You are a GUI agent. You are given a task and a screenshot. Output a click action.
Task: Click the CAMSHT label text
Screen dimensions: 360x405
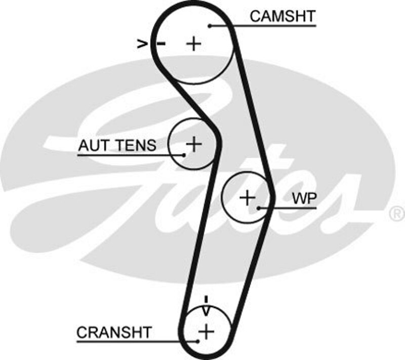click(282, 16)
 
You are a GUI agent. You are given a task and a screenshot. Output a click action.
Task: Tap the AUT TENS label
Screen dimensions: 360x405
click(117, 146)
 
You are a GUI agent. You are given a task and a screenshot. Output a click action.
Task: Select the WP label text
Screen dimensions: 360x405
click(304, 198)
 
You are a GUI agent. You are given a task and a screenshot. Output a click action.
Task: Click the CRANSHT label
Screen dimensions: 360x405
click(114, 333)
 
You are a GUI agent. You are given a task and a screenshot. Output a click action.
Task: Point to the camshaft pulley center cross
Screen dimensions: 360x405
click(193, 44)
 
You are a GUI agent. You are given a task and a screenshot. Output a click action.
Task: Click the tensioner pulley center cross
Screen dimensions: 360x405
click(194, 144)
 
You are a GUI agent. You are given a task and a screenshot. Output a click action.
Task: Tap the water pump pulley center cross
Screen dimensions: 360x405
click(247, 197)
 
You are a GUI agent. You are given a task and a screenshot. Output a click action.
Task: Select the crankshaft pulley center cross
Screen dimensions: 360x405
click(206, 332)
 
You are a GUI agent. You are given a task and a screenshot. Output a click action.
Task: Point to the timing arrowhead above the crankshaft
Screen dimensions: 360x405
click(206, 308)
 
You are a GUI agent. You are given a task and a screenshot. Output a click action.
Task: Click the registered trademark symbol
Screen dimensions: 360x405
click(396, 213)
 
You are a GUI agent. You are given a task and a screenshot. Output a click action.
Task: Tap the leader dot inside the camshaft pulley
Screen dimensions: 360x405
click(209, 25)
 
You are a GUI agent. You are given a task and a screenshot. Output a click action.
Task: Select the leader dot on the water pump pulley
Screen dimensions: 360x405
click(258, 208)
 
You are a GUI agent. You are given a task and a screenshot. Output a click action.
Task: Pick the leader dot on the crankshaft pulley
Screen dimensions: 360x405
click(198, 341)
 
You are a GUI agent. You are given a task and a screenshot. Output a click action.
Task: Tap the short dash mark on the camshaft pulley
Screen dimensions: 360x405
click(161, 44)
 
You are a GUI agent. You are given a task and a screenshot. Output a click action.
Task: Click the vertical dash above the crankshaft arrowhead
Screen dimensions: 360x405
click(206, 299)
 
